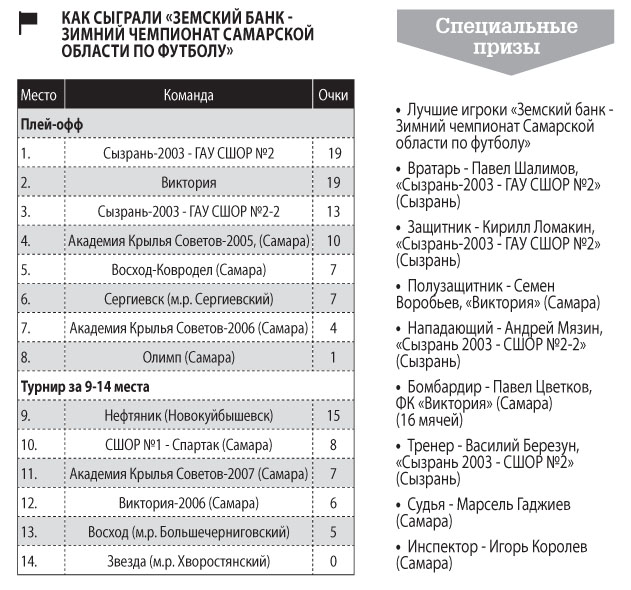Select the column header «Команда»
pos(188,96)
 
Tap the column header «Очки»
pos(332,96)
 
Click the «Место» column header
pos(39,96)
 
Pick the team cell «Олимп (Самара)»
pos(188,357)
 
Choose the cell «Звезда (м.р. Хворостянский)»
pos(188,561)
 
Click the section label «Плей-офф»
pos(51,125)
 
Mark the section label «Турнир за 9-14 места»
pos(84,386)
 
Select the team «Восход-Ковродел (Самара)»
pos(188,270)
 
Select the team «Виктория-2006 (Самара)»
pos(188,503)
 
